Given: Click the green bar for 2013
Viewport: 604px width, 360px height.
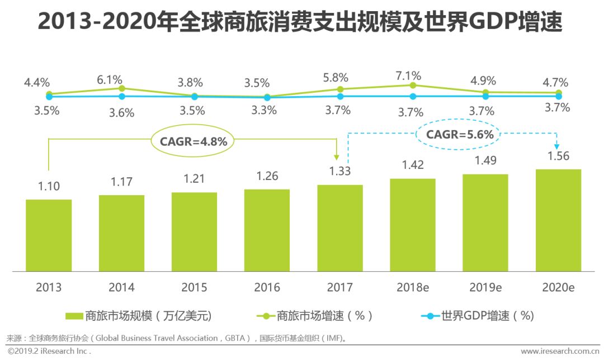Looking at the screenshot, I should pyautogui.click(x=49, y=235).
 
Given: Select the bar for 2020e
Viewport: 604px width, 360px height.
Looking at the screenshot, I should pyautogui.click(x=558, y=220).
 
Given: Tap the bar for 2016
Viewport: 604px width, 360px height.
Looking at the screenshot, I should pyautogui.click(x=267, y=230).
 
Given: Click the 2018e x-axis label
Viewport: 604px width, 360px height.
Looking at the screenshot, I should pyautogui.click(x=413, y=288).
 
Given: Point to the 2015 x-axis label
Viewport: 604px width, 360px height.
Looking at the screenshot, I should pyautogui.click(x=194, y=288).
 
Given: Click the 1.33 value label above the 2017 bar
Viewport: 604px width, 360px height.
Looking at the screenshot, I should pyautogui.click(x=339, y=171).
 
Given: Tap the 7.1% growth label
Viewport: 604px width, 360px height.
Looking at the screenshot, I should pyautogui.click(x=412, y=75).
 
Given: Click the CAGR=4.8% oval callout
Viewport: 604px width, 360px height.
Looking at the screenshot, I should pyautogui.click(x=194, y=141).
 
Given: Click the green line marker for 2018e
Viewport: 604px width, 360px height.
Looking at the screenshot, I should pyautogui.click(x=413, y=85).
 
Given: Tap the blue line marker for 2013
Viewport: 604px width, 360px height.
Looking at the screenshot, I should pyautogui.click(x=49, y=97).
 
